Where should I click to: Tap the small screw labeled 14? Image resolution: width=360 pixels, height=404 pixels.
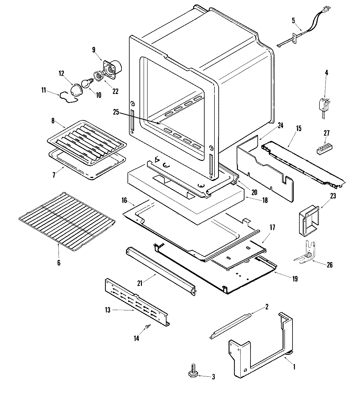(147, 326)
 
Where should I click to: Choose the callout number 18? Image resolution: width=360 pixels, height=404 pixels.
(265, 200)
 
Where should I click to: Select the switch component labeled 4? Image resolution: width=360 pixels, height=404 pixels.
(323, 105)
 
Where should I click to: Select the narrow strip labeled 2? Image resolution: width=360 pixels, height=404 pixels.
(231, 326)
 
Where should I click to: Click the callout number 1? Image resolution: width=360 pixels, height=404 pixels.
(294, 366)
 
